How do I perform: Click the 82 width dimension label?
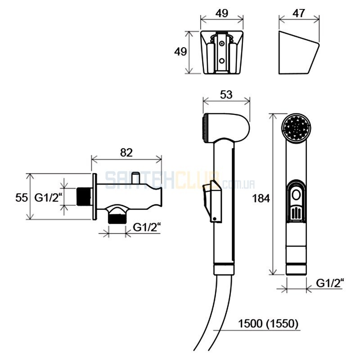[x=126, y=153]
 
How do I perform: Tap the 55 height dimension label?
[x=22, y=198]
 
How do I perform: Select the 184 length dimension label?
[x=261, y=198]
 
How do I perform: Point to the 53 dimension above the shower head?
[x=226, y=94]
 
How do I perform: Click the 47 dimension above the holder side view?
[x=298, y=13]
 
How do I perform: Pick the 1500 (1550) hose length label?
[x=268, y=324]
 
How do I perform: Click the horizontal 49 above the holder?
[x=222, y=13]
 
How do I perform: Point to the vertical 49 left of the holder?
[x=180, y=52]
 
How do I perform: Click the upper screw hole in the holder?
[x=222, y=43]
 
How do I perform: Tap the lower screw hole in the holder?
[x=222, y=61]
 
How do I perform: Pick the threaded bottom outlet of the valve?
[x=117, y=218]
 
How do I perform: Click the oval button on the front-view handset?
[x=296, y=195]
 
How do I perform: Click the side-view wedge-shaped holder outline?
[x=299, y=52]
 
